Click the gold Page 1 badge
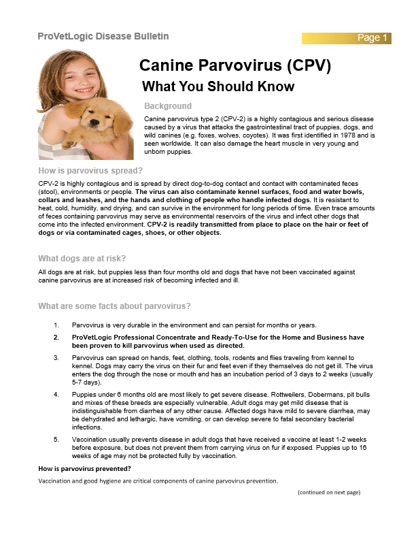click(372, 37)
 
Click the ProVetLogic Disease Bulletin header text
click(103, 36)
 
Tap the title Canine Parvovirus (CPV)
click(235, 66)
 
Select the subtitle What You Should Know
click(218, 86)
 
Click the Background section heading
click(168, 106)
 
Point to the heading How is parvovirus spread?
click(90, 170)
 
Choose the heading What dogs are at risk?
click(82, 258)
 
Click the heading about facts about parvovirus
click(114, 306)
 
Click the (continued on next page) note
click(328, 492)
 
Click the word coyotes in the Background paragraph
click(240, 135)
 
